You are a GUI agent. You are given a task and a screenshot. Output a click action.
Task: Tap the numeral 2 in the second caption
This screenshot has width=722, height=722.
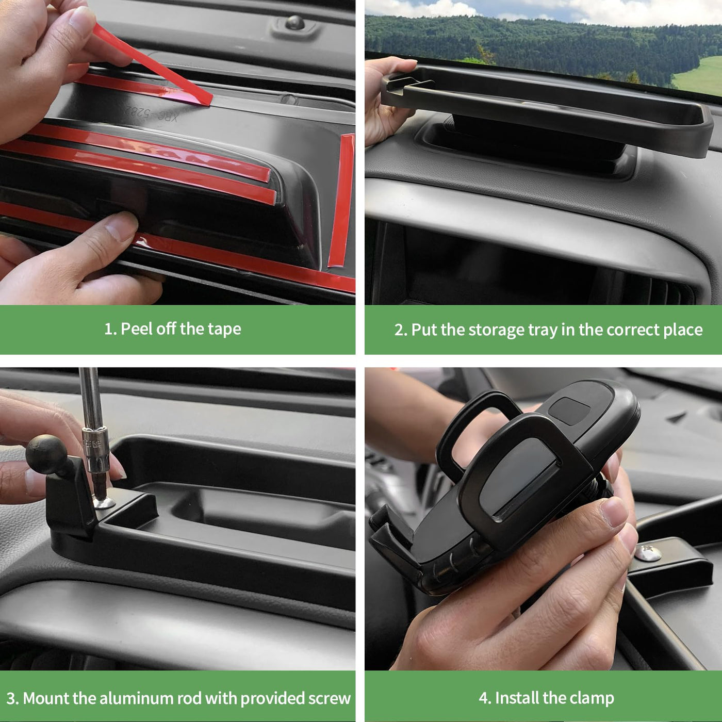click(x=398, y=330)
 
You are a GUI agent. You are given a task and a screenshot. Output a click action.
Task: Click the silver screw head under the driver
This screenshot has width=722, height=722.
click(x=104, y=502)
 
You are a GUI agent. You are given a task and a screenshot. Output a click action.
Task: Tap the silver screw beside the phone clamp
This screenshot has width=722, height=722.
click(x=648, y=553)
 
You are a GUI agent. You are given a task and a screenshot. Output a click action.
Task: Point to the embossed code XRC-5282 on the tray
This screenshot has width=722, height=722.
click(x=150, y=112)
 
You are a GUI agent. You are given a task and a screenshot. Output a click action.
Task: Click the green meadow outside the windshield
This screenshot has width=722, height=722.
click(x=698, y=76)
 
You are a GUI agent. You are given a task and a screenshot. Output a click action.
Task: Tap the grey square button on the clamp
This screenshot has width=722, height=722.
click(x=569, y=411)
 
